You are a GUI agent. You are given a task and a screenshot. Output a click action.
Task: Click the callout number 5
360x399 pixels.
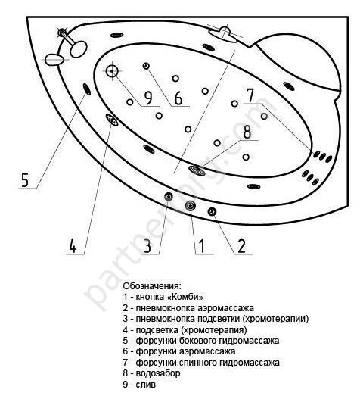25,180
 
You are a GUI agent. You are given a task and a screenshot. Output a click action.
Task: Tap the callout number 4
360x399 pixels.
73,246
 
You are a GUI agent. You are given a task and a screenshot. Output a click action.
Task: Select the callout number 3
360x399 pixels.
147,246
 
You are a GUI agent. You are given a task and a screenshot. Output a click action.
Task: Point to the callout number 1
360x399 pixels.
202,246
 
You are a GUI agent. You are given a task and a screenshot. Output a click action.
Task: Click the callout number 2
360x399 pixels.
241,246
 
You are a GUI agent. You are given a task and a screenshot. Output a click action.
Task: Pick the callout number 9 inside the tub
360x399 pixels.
147,98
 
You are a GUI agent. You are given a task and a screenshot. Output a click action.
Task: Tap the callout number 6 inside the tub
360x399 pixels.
178,98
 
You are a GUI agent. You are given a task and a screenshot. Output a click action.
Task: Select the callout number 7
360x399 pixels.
250,95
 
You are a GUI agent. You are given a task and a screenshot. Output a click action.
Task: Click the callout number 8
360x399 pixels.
247,132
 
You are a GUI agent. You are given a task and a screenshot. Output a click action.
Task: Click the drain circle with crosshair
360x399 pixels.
112,71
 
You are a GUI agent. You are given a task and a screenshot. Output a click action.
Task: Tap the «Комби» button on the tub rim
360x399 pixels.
190,206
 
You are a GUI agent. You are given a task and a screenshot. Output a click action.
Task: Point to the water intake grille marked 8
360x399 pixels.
197,170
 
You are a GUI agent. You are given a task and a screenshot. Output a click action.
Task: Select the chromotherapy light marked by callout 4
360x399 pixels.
112,120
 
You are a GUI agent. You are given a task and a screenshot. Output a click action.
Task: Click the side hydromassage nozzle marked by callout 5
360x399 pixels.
87,89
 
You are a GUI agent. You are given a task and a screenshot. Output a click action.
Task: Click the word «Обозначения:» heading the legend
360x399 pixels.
152,285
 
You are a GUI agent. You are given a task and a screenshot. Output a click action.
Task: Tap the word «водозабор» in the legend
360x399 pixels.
158,373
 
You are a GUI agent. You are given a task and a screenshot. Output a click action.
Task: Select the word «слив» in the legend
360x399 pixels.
145,385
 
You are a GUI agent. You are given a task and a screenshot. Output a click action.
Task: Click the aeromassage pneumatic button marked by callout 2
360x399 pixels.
212,211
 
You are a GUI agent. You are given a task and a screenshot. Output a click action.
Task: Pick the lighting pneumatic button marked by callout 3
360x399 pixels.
169,196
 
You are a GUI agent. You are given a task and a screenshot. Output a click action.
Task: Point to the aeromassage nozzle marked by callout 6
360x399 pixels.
146,66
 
